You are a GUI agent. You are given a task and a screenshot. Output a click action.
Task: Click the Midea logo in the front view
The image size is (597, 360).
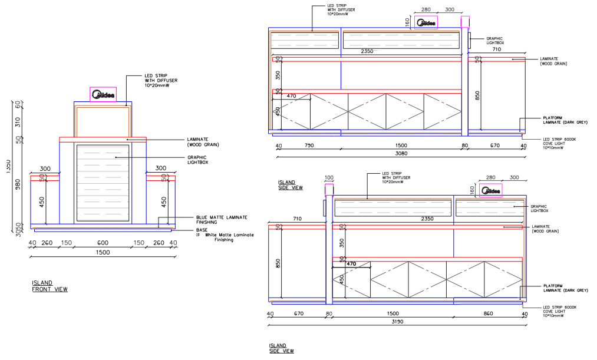103,94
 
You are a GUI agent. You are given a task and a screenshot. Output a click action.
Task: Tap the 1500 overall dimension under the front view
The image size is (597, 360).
103,252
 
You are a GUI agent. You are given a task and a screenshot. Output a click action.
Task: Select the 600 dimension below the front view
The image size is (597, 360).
103,243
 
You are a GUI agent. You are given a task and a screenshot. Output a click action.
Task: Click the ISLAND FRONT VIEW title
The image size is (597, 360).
50,286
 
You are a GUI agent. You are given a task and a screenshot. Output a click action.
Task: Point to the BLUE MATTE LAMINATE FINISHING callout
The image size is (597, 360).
221,220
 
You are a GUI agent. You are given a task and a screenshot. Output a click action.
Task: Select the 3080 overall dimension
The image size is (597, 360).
401,153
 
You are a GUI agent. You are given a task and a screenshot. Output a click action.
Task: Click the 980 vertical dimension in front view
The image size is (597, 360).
18,184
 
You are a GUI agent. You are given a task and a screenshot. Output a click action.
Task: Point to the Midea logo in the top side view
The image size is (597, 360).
427,23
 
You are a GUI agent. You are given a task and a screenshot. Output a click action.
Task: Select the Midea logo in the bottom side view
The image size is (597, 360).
490,190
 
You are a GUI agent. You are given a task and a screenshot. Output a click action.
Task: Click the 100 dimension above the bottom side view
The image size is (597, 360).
329,177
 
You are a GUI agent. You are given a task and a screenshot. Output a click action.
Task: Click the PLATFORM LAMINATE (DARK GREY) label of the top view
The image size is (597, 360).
565,120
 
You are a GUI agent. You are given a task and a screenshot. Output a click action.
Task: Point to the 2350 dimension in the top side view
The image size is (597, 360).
367,52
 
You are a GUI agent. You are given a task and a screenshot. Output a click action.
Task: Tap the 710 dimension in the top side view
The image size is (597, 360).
496,49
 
